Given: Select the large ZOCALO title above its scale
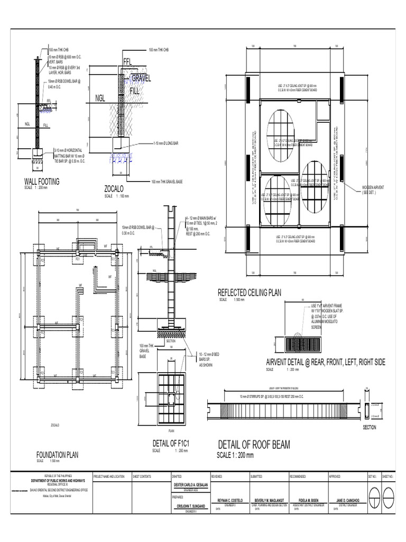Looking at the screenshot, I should pos(117,189).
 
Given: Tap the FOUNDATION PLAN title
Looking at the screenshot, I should pos(57,454).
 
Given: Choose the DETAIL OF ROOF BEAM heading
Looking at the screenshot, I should pos(254,445).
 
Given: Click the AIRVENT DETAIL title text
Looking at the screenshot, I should pos(325,362).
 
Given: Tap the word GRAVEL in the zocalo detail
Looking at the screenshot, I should pos(141,78).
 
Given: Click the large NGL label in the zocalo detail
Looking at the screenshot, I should pos(100,98).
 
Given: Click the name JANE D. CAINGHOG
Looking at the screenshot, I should pos(347,500).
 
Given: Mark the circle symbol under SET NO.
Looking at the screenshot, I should pos(374,496).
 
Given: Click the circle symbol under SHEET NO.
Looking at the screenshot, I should pos(389,496).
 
